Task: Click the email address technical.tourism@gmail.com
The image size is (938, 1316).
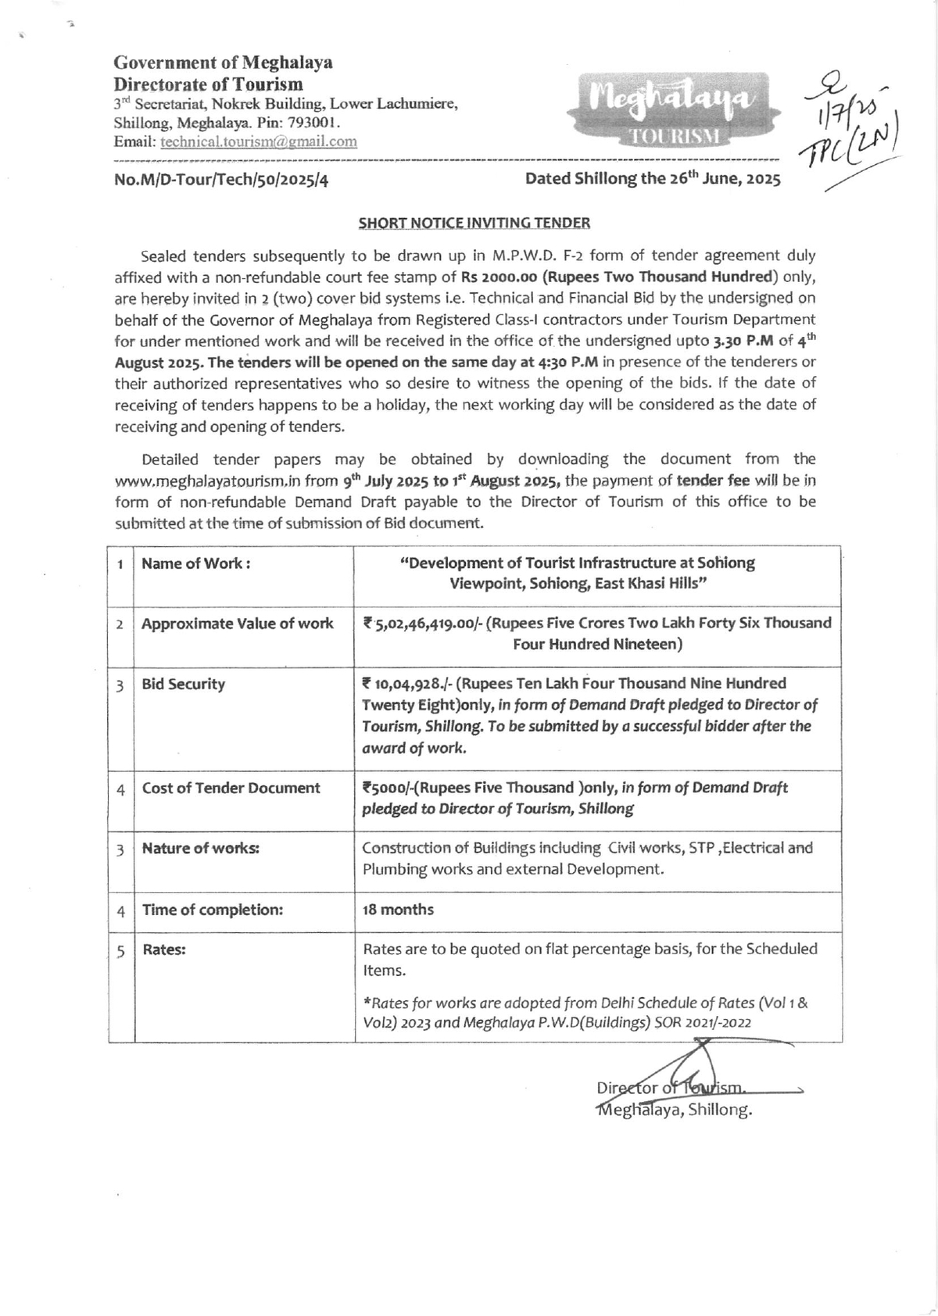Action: [259, 141]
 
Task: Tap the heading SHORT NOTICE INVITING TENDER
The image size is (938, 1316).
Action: [474, 223]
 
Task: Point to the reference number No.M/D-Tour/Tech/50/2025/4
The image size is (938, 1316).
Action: [221, 180]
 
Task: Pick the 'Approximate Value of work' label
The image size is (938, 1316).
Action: [238, 624]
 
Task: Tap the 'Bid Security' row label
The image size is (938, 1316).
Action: [183, 685]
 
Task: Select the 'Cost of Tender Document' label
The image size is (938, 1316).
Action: [231, 788]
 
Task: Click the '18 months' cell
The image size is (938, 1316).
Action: [398, 910]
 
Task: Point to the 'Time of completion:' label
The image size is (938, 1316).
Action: [212, 910]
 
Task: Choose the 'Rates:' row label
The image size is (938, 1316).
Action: [163, 950]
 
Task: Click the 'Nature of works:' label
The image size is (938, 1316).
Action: [200, 849]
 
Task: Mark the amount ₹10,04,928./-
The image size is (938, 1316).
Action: [406, 685]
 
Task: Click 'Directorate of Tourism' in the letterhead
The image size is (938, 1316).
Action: [208, 84]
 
